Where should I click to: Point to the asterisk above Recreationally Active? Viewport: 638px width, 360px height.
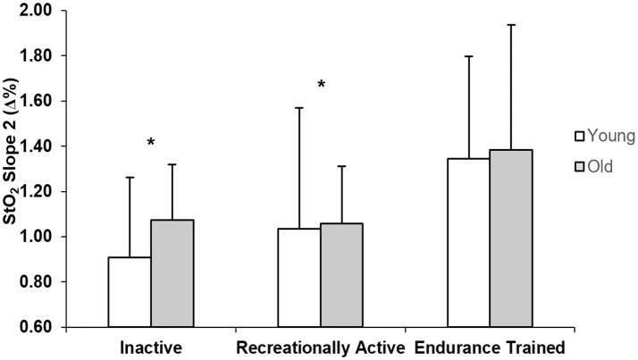[321, 86]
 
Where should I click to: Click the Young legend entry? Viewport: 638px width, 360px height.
[603, 136]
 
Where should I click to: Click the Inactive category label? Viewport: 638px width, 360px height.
[151, 347]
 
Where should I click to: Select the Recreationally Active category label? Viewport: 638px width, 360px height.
[320, 347]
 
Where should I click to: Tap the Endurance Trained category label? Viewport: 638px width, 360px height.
[490, 347]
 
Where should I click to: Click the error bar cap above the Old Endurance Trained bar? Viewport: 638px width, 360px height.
[511, 25]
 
